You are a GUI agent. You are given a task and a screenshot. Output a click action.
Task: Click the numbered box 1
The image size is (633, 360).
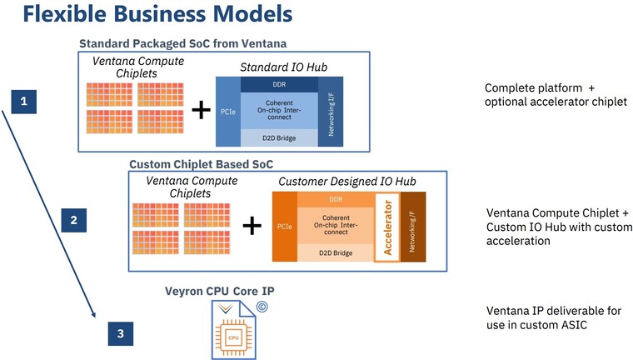click(x=24, y=102)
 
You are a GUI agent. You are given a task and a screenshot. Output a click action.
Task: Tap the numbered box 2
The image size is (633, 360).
click(x=74, y=220)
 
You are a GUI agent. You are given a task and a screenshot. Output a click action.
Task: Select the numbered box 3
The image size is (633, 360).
click(x=121, y=333)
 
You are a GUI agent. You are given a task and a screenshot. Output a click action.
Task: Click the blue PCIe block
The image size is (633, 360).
click(x=228, y=112)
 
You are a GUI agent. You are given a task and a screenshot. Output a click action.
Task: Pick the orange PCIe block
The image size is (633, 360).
click(x=285, y=227)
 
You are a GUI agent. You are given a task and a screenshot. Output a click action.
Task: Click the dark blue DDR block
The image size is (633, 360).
click(x=279, y=84)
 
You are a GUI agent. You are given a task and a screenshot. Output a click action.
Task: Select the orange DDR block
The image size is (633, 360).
click(x=336, y=200)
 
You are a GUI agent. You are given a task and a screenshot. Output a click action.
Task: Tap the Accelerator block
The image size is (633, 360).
click(x=387, y=227)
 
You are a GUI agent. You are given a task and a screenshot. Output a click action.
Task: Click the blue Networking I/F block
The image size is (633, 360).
click(x=331, y=112)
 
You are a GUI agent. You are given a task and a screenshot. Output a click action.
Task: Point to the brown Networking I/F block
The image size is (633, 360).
click(x=413, y=227)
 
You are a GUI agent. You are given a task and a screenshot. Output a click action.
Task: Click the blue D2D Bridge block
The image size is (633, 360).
click(x=279, y=138)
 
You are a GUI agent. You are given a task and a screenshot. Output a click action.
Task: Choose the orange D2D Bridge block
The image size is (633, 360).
click(x=336, y=253)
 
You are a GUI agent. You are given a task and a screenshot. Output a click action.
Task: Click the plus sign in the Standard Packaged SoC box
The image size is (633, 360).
click(x=201, y=110)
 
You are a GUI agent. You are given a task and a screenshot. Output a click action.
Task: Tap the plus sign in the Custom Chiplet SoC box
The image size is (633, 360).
click(x=252, y=225)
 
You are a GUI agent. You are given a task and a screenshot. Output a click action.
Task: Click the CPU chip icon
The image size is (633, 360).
click(x=233, y=337)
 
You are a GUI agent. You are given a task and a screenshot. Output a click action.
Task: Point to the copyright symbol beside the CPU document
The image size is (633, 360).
click(x=262, y=307)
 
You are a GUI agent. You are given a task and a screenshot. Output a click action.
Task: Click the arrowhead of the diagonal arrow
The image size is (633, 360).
click(x=93, y=314)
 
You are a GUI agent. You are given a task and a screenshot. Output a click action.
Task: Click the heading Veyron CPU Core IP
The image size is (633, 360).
click(x=220, y=292)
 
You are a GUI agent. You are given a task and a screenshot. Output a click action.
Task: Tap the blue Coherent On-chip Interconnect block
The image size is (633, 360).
click(x=279, y=110)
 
